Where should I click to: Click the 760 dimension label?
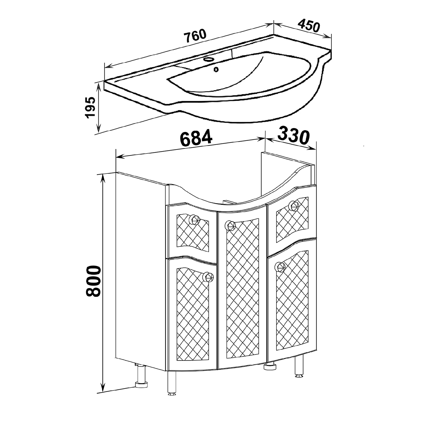195,36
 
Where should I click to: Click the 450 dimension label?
309,26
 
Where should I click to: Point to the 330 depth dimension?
294,136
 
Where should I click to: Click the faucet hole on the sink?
208,60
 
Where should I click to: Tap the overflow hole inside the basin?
216,69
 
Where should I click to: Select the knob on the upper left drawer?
194,219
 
